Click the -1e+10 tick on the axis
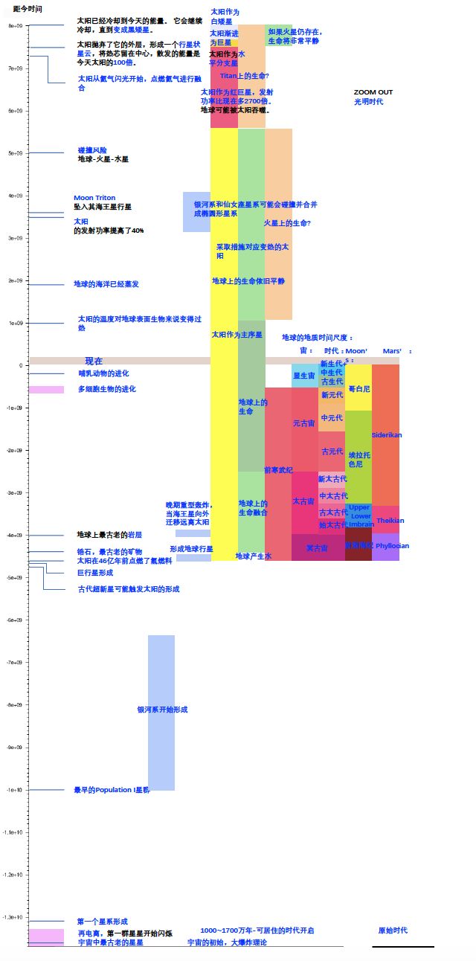tap(15, 790)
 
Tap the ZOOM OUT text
tap(373, 92)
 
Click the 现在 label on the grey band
tap(94, 361)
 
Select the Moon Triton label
tap(94, 198)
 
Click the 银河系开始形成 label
tap(162, 710)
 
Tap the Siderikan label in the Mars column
tap(386, 435)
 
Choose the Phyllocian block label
tap(392, 546)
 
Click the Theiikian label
tap(390, 521)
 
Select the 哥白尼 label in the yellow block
tap(359, 389)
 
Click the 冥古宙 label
tap(317, 548)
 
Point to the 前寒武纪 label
tap(278, 470)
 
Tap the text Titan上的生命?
tap(244, 76)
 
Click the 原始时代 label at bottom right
tap(393, 931)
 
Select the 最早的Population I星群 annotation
tap(112, 790)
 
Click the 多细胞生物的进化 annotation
tap(107, 389)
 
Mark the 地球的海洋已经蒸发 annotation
tap(106, 284)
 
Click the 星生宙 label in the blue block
tap(303, 376)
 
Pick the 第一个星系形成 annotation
tap(103, 922)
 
